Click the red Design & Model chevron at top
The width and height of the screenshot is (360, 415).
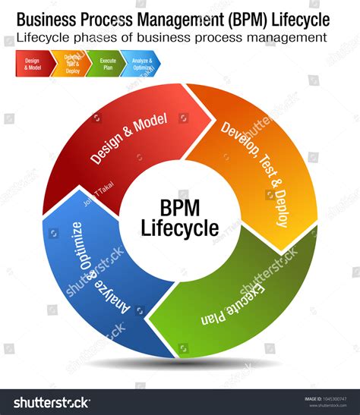pyautogui.click(x=33, y=63)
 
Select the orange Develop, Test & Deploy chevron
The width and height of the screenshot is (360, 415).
pyautogui.click(x=72, y=63)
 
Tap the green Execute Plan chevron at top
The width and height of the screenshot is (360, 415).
pyautogui.click(x=107, y=63)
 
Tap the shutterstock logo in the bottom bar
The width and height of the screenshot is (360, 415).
pyautogui.click(x=48, y=402)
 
